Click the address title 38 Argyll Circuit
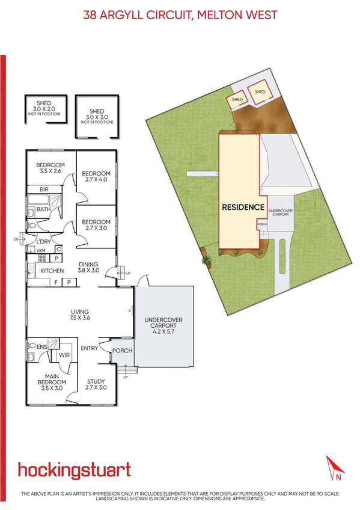[x=180, y=14]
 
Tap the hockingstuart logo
[x=75, y=469]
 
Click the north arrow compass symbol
[x=334, y=469]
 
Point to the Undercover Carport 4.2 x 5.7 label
[x=165, y=325]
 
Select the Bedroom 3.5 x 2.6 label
[x=50, y=168]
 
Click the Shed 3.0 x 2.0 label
[x=43, y=106]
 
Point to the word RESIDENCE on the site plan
[x=243, y=207]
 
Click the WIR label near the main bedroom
[x=64, y=355]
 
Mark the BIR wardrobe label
[x=43, y=189]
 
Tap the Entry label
[x=90, y=348]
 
